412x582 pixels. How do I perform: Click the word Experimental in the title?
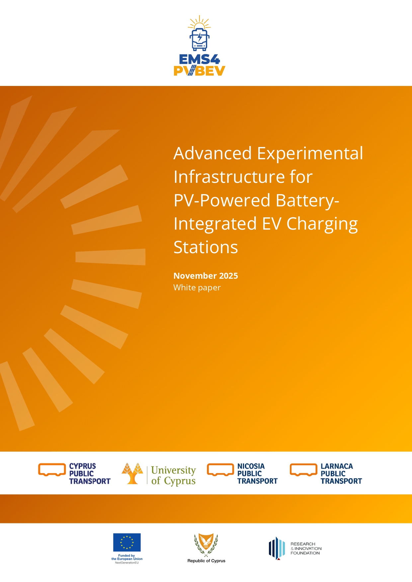pos(310,154)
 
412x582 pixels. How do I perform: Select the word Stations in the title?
pos(206,247)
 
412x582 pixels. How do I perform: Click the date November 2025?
pos(206,276)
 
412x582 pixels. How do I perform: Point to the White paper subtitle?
pos(197,288)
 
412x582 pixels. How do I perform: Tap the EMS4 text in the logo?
pos(199,59)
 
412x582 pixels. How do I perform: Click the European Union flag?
pos(127,542)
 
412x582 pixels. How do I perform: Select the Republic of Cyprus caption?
pos(206,561)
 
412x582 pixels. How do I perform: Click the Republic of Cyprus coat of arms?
pos(206,545)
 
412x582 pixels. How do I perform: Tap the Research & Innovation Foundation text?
pos(306,548)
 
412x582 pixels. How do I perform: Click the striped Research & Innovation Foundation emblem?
pos(277,548)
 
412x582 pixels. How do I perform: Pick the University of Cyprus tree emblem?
pos(132,473)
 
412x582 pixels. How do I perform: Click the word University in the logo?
pos(173,470)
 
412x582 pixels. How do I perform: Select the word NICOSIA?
pos(251,466)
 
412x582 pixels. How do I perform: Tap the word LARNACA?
pos(337,466)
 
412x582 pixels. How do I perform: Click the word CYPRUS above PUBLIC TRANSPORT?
pos(82,466)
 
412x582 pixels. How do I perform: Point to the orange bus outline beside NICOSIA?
pos(220,470)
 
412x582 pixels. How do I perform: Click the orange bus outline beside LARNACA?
pos(303,470)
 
